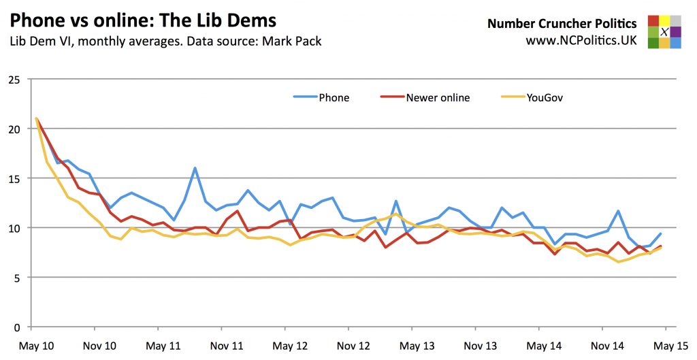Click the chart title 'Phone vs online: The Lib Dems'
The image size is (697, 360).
[x=143, y=18]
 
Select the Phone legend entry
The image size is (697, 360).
[x=334, y=97]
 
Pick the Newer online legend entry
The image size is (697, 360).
[x=438, y=97]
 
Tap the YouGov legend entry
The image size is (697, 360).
[x=544, y=97]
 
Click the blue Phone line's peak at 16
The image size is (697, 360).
[x=195, y=167]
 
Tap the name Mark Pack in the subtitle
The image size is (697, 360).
[x=294, y=42]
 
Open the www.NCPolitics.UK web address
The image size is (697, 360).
[x=581, y=40]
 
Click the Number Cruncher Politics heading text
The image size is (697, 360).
[x=562, y=24]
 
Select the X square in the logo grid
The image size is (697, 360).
[x=664, y=32]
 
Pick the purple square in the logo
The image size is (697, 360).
[x=676, y=32]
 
